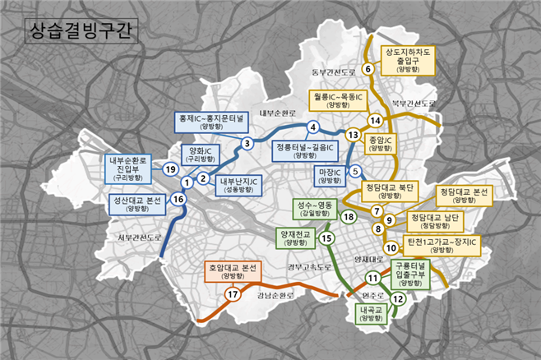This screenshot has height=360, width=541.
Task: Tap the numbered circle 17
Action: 234,294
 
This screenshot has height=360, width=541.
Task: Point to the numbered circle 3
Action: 246,144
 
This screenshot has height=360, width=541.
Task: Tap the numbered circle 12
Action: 399,299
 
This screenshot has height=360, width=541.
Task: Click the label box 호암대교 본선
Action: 233,271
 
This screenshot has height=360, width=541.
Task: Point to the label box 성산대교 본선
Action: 140,203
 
